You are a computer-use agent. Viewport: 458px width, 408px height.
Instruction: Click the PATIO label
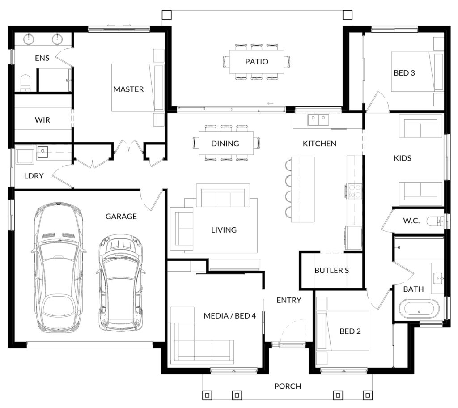(x=256, y=62)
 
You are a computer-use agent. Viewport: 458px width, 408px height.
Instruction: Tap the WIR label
(x=42, y=120)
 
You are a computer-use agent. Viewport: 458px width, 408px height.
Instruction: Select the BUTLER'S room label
(x=331, y=270)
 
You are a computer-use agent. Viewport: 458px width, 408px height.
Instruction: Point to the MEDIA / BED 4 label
(x=230, y=316)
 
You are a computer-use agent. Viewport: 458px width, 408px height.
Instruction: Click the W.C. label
(x=411, y=221)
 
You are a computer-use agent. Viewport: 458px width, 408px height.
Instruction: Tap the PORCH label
(x=288, y=387)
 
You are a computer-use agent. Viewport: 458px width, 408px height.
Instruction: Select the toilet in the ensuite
(x=25, y=83)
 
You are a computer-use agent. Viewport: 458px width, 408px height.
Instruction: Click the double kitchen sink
(x=318, y=120)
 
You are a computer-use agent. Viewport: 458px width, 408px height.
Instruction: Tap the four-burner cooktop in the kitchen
(x=355, y=191)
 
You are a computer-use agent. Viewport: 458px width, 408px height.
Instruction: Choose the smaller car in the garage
(x=121, y=283)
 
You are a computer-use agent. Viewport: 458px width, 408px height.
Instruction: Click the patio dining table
(x=256, y=61)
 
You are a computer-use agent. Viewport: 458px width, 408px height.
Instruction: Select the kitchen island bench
(x=303, y=189)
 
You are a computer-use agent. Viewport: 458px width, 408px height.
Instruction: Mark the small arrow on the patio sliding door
(x=270, y=103)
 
